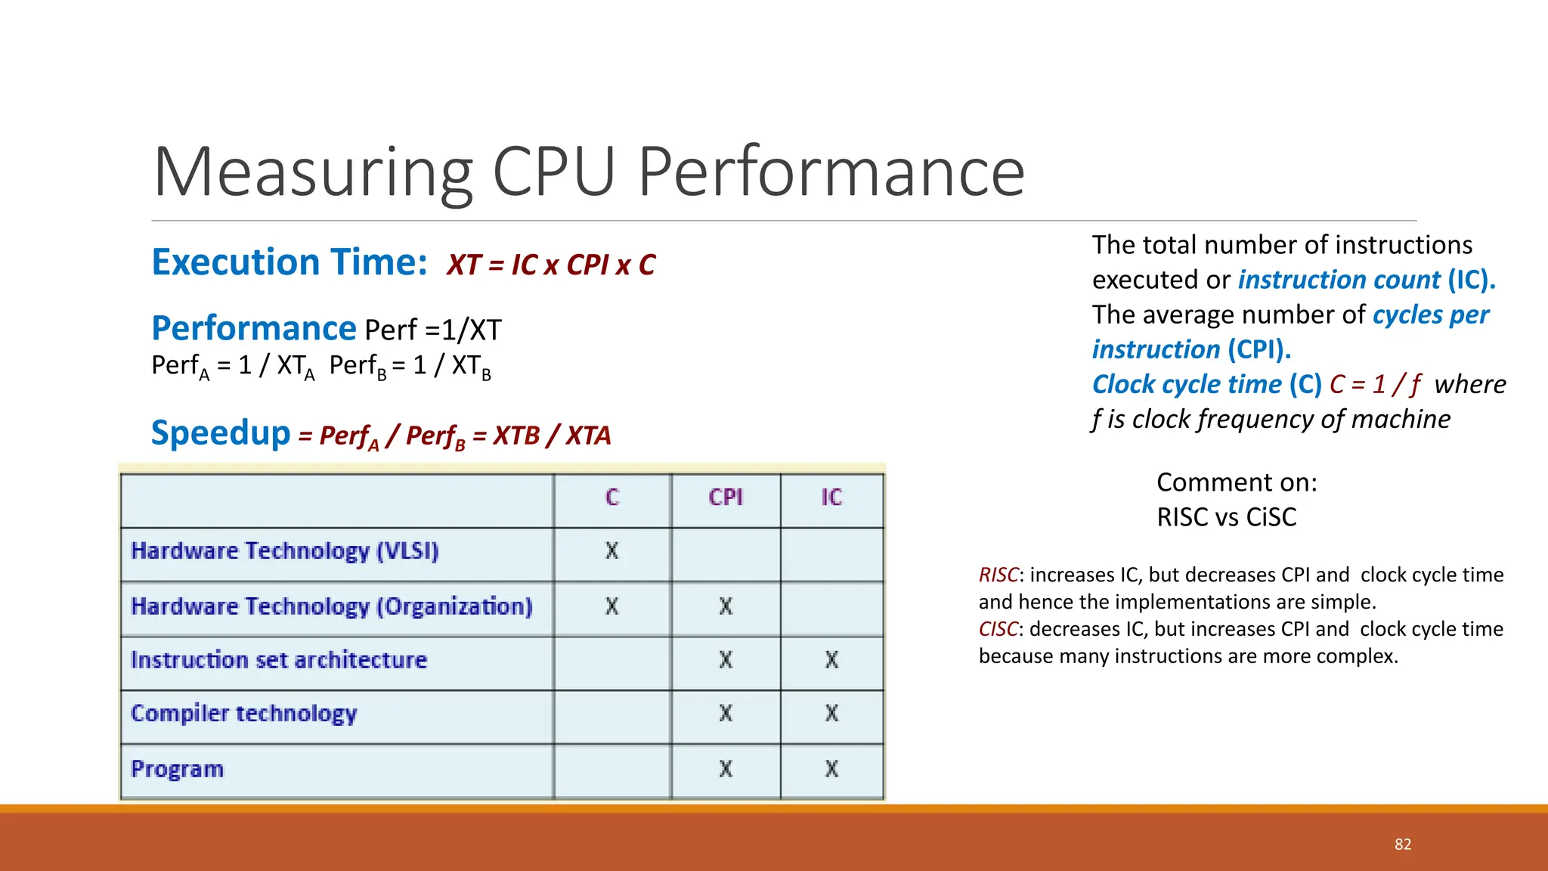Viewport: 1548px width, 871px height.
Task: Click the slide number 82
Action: (1403, 845)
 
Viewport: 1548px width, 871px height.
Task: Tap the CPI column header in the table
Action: (726, 497)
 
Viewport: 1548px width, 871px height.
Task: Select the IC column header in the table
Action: (831, 497)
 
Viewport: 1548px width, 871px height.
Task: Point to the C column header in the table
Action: (612, 497)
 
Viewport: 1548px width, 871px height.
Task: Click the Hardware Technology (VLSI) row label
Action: (285, 551)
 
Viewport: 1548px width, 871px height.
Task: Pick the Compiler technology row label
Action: (243, 714)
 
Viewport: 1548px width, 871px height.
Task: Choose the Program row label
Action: (178, 769)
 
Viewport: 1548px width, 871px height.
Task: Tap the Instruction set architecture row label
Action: (279, 660)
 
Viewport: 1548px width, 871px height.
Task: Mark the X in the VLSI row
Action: (612, 551)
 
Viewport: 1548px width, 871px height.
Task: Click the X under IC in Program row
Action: (831, 769)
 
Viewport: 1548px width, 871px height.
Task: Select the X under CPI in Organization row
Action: (726, 606)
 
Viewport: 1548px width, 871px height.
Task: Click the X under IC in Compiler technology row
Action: (831, 714)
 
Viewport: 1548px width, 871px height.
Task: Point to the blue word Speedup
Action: (221, 433)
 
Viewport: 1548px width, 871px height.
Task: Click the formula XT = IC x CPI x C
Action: (551, 265)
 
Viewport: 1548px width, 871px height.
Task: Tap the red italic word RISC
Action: (998, 575)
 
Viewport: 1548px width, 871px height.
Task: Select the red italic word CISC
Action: (998, 630)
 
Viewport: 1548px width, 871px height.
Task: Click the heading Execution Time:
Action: (289, 262)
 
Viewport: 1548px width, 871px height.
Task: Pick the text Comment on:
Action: (1237, 482)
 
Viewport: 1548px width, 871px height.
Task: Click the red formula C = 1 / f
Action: (1375, 385)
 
